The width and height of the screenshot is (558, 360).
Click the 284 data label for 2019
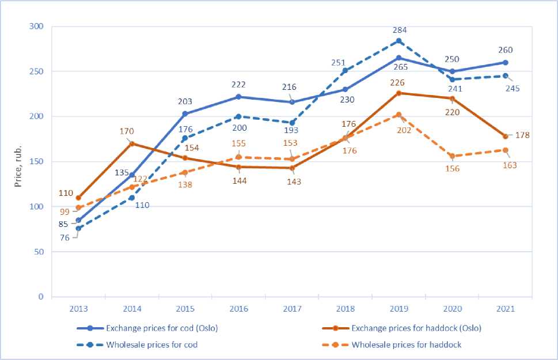(398, 28)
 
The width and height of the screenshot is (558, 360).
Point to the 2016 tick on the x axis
(238, 309)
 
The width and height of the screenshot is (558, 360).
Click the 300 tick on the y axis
(36, 26)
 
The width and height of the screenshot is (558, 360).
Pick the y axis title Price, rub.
(18, 162)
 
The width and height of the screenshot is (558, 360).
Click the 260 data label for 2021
(505, 50)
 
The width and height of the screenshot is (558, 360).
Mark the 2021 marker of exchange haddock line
(505, 137)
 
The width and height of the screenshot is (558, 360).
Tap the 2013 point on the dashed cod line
(78, 228)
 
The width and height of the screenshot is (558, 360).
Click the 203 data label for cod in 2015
(185, 101)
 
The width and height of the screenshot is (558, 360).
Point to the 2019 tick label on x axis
(398, 309)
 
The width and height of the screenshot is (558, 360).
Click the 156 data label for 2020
(452, 169)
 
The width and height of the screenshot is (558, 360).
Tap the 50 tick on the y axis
(39, 252)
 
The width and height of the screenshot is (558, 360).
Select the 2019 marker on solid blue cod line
(398, 58)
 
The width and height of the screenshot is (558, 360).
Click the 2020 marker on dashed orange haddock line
(452, 156)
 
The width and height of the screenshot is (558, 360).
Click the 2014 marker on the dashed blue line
(132, 198)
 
